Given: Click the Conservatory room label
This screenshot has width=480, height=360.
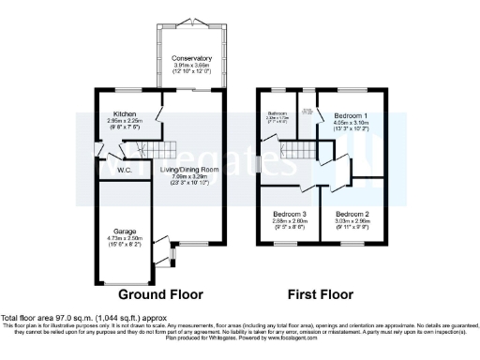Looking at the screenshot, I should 191,58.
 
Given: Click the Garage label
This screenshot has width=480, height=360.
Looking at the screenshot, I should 125,230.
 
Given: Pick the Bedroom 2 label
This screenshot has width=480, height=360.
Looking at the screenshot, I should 352,214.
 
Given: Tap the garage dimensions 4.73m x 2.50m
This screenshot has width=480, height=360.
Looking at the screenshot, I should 125,240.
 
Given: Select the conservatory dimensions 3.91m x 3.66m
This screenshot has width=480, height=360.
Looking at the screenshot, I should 191,67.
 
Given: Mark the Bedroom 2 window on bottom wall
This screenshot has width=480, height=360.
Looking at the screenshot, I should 352,243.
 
